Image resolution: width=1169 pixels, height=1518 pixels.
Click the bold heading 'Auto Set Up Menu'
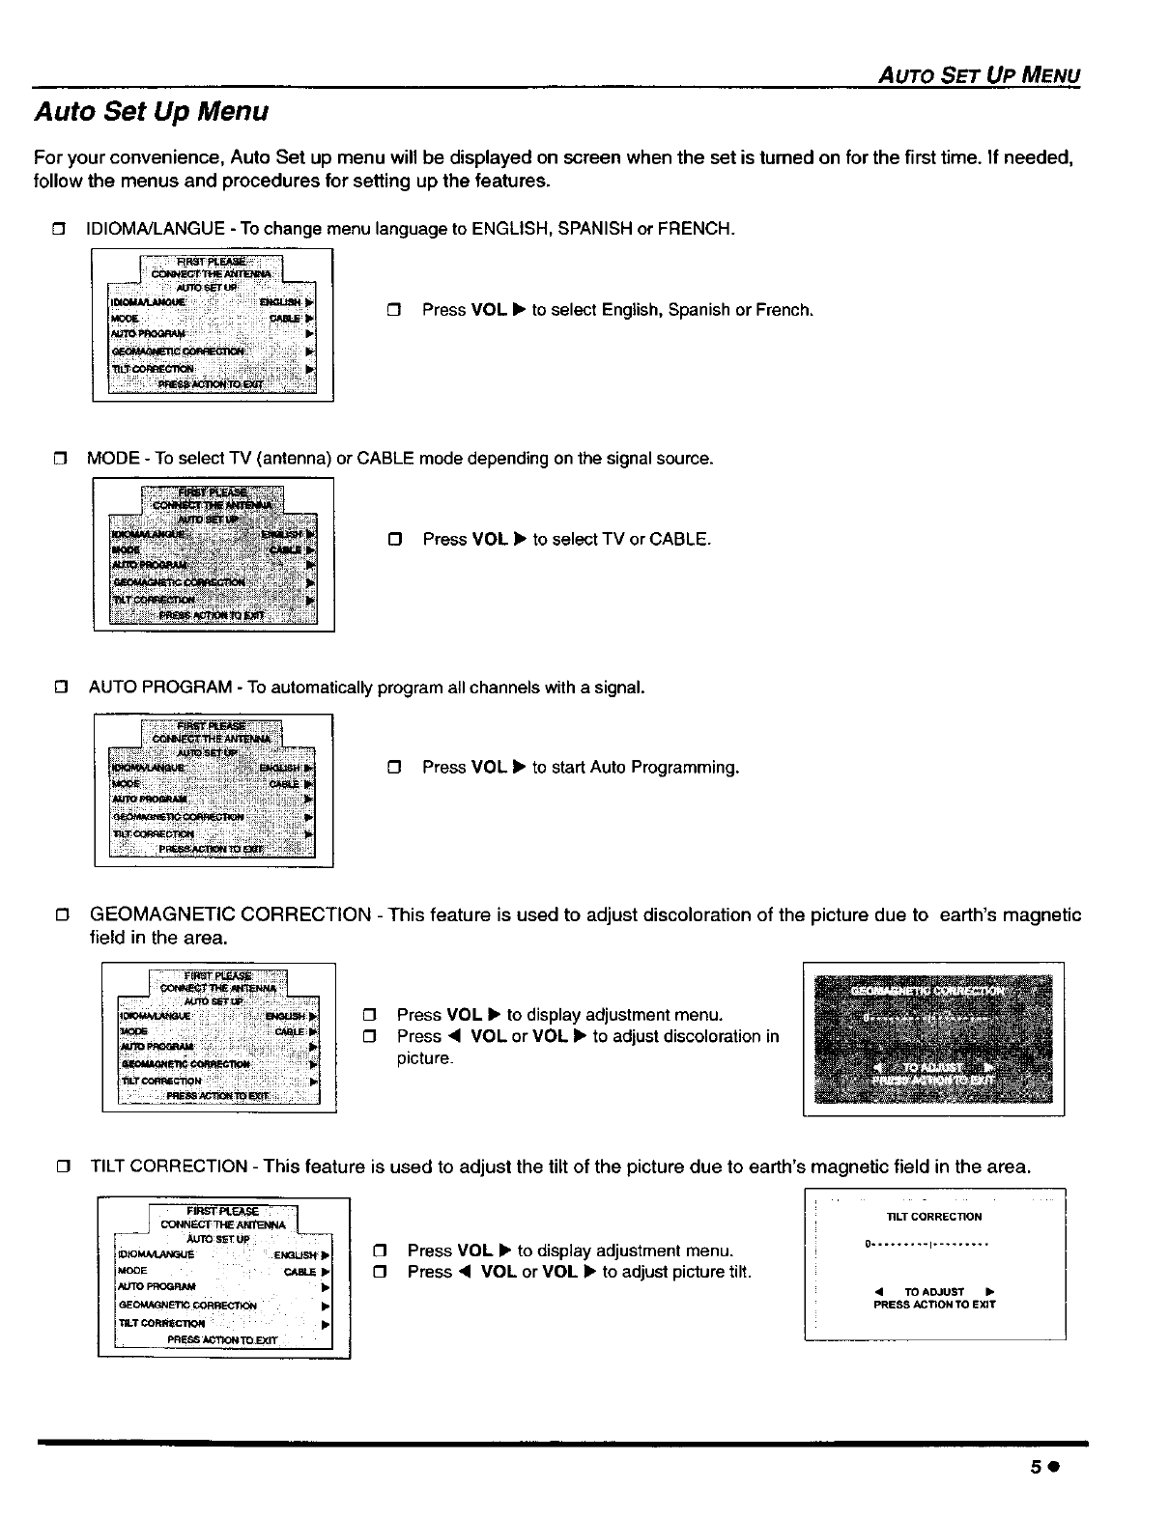(151, 112)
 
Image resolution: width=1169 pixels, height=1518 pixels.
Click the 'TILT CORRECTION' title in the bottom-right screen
(933, 1217)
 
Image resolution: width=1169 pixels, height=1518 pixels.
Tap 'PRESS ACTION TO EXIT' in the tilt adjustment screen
(933, 1305)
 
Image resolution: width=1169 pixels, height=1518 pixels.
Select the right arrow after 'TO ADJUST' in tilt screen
(990, 1292)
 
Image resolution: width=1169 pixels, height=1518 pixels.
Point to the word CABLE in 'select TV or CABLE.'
(679, 539)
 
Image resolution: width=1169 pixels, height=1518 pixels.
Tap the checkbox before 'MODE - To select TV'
(60, 459)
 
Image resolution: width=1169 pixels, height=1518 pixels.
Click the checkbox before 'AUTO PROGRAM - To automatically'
(61, 689)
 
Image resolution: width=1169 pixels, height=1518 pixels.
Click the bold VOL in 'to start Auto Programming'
(489, 768)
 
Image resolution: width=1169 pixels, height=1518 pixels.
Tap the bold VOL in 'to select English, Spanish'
(489, 310)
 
